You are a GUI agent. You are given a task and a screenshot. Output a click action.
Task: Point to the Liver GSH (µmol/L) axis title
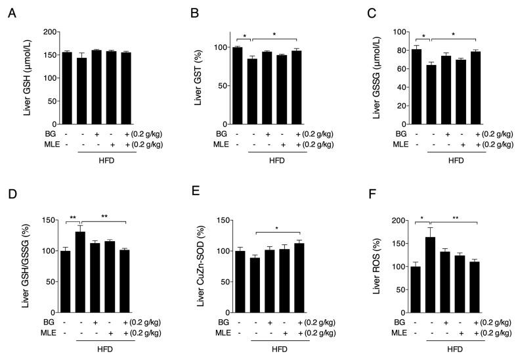point(28,78)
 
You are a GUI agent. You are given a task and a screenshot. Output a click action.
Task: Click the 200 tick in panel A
point(49,32)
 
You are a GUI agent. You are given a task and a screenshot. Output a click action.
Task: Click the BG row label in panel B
point(220,133)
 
